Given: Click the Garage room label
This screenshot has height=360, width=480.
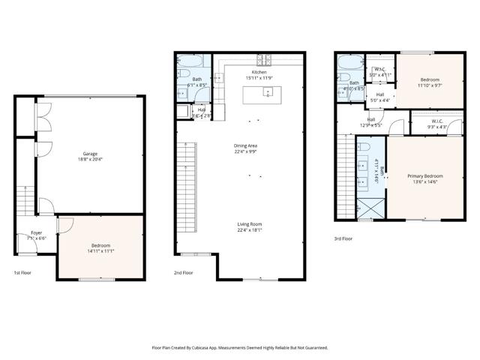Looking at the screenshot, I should (90, 153).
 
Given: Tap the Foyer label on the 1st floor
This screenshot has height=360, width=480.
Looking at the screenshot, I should (36, 233).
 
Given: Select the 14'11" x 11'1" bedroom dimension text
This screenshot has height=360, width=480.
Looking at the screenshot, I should (101, 251).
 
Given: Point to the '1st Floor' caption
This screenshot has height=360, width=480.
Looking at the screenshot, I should (23, 273).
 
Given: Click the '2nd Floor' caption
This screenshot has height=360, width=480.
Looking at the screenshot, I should (184, 273).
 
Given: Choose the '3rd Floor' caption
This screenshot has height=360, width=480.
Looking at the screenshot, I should (343, 239).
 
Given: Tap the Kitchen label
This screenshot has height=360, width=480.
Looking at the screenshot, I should (259, 72).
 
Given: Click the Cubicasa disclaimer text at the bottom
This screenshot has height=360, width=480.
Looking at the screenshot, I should (240, 348).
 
